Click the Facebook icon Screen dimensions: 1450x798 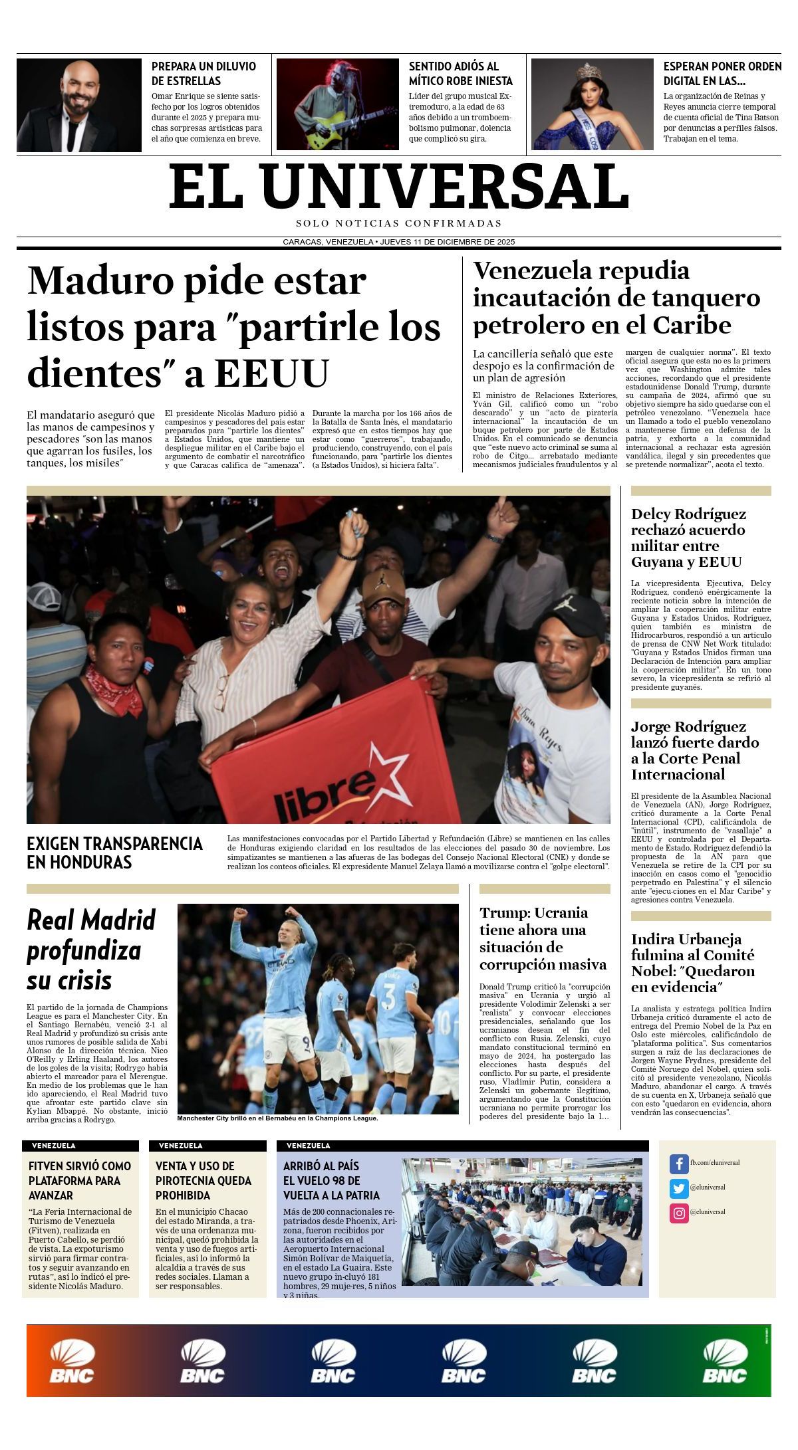click(x=678, y=1164)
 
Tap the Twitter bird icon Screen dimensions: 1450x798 click(x=678, y=1188)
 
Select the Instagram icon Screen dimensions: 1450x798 click(x=678, y=1213)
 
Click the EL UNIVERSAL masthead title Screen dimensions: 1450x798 click(x=399, y=186)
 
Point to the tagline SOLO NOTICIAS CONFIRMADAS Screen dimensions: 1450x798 click(x=399, y=223)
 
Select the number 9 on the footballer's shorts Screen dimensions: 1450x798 click(x=307, y=1042)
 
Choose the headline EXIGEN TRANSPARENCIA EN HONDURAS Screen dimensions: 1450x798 click(x=114, y=853)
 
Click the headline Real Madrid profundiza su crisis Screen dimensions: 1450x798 click(x=91, y=950)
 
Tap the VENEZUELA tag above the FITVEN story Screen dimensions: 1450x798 click(x=54, y=1146)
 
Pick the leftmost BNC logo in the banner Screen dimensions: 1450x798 click(x=72, y=1362)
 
